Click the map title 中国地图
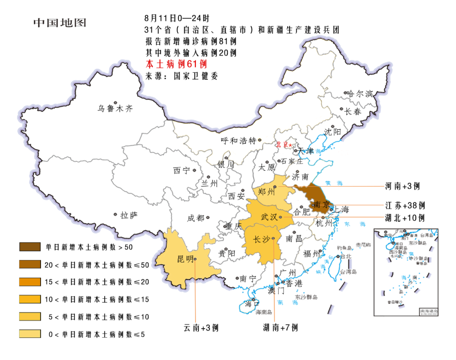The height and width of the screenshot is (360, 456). click(60, 22)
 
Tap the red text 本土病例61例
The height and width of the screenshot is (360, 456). click(176, 64)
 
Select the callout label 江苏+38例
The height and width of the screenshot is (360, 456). click(404, 206)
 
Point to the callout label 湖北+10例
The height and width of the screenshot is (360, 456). click(404, 218)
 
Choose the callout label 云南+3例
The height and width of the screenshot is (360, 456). click(201, 327)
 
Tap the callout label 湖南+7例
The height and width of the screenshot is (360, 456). click(280, 327)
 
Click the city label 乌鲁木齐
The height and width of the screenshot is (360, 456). click(115, 109)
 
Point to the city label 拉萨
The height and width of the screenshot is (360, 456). click(129, 215)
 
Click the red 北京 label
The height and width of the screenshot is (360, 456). click(282, 145)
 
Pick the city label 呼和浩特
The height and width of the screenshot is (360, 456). click(239, 141)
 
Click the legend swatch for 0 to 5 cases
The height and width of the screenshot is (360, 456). click(30, 334)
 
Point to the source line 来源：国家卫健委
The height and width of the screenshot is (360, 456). click(182, 76)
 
